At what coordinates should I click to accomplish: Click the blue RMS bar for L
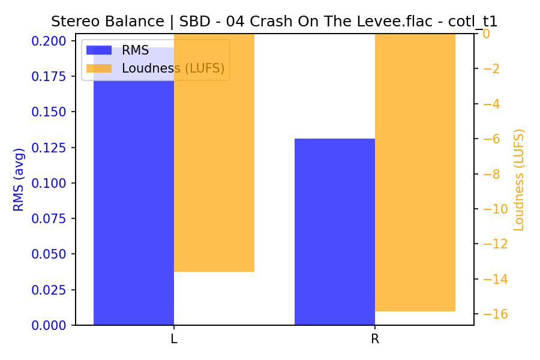134,192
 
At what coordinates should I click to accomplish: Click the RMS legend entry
135,50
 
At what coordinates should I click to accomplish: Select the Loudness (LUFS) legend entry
173,68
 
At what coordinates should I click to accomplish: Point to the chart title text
274,22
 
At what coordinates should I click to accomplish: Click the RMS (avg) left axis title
19,179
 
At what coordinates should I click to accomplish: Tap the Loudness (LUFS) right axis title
519,179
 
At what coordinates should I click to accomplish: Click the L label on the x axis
174,339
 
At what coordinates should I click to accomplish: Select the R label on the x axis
375,339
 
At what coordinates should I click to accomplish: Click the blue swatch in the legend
99,50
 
